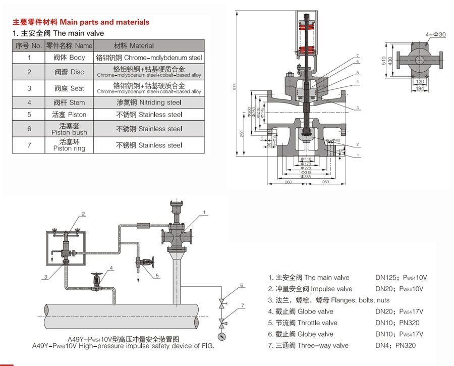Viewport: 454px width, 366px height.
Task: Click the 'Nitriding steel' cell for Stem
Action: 149,102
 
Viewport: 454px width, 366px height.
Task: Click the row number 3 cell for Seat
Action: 29,88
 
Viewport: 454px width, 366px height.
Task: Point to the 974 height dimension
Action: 235,86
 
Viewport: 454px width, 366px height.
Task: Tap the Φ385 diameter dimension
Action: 306,177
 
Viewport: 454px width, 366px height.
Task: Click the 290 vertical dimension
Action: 242,133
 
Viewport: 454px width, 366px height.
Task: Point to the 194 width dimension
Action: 420,89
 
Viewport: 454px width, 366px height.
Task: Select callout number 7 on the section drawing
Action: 357,56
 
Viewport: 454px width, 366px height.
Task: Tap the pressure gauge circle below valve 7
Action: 221,337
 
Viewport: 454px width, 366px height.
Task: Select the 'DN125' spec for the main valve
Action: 387,278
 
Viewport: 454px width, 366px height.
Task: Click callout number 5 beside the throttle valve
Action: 157,275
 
